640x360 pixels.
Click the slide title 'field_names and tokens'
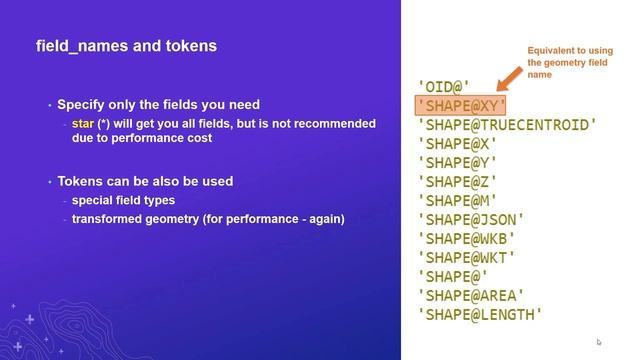(x=126, y=46)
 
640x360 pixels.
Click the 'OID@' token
(x=443, y=87)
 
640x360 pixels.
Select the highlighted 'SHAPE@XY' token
(x=462, y=106)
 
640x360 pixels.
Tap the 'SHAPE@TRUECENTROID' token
(x=507, y=125)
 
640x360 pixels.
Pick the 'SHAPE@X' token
(x=457, y=144)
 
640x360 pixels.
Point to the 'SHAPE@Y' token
(x=457, y=163)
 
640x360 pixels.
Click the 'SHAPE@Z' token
(x=457, y=182)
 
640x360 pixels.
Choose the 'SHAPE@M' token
(x=457, y=201)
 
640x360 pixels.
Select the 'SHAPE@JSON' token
(x=471, y=220)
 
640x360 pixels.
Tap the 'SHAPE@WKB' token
(x=467, y=239)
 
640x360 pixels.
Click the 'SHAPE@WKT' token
(x=467, y=258)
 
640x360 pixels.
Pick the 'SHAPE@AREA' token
(x=471, y=296)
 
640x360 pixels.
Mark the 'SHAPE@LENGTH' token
(x=480, y=315)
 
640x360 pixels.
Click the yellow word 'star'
(x=83, y=124)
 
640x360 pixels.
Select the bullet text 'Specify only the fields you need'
(x=158, y=105)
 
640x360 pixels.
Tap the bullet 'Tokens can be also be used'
(x=145, y=182)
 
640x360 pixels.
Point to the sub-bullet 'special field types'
(x=123, y=201)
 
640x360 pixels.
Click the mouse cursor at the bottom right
(x=599, y=342)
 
